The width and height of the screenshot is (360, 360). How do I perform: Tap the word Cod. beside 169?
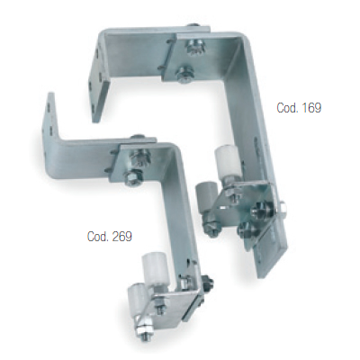pyautogui.click(x=286, y=108)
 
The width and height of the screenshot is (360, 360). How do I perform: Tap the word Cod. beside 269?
pyautogui.click(x=97, y=237)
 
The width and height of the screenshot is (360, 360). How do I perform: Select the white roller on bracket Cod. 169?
pyautogui.click(x=226, y=164)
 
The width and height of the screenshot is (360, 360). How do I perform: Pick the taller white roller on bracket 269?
pyautogui.click(x=156, y=272)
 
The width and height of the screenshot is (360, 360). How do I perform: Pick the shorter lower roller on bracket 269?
pyautogui.click(x=138, y=300)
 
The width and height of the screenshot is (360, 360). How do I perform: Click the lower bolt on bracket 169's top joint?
pyautogui.click(x=184, y=75)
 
